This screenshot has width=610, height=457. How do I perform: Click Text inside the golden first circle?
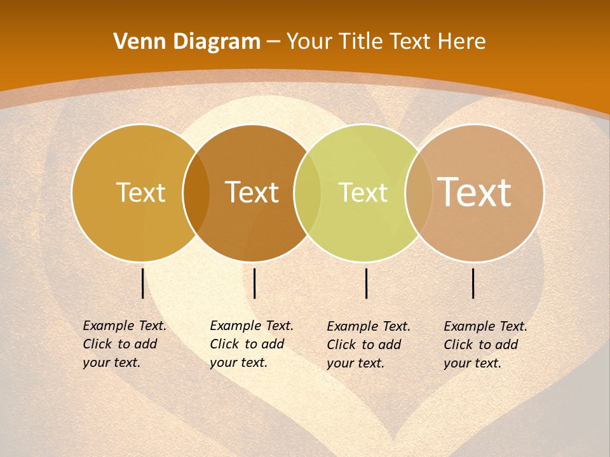(140, 192)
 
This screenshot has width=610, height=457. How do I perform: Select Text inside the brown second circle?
(252, 192)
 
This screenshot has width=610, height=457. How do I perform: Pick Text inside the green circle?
(363, 192)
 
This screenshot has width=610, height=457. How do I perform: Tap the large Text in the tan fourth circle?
(475, 192)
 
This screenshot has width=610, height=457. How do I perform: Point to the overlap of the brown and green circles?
(308, 193)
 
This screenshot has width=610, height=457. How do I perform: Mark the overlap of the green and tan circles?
(419, 193)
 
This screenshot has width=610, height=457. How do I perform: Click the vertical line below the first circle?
(142, 283)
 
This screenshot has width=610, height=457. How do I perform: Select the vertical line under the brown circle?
(254, 283)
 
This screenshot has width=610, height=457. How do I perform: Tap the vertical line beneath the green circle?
(366, 283)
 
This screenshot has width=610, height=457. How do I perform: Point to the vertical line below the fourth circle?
(473, 283)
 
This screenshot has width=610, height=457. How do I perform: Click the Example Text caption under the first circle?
(124, 344)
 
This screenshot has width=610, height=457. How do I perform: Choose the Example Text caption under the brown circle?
(251, 344)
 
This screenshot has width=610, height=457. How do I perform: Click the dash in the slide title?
(273, 42)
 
